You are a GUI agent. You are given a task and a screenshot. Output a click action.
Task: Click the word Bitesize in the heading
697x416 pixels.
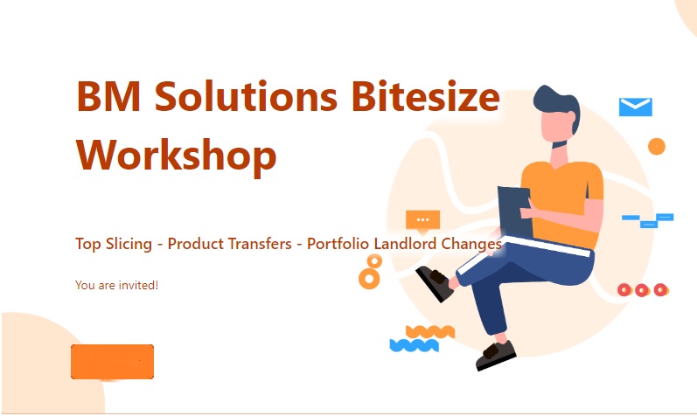[425, 96]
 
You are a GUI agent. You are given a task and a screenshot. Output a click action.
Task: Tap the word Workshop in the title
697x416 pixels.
[177, 155]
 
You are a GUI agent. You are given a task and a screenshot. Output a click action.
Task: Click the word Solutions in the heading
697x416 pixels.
[246, 96]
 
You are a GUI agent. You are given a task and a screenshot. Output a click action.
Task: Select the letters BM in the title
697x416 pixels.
[109, 96]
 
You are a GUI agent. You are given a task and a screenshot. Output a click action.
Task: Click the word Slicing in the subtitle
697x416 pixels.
[129, 244]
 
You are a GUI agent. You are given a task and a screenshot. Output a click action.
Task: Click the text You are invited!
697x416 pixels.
[116, 285]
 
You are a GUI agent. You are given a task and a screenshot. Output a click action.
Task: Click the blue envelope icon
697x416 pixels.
[636, 107]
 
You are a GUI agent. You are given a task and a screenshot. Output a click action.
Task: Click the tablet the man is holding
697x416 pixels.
[516, 212]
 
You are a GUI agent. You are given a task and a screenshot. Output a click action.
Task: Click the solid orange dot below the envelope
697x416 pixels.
[657, 146]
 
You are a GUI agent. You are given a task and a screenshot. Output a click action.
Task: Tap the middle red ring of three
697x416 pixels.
[642, 290]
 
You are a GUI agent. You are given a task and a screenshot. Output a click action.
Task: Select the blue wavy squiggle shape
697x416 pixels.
[415, 345]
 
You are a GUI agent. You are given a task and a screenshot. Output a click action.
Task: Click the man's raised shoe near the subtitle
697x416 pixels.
[435, 283]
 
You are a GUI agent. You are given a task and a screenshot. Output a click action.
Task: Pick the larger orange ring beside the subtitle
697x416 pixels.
[369, 279]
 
